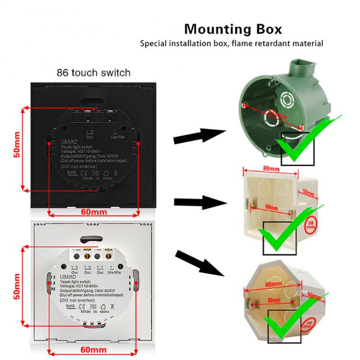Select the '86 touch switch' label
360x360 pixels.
[x=94, y=72]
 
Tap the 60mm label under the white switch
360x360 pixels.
[x=92, y=350]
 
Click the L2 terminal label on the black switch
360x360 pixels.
[x=89, y=131]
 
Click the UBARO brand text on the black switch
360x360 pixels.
[x=66, y=140]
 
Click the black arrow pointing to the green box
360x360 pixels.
[x=198, y=136]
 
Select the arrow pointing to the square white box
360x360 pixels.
[x=198, y=202]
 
